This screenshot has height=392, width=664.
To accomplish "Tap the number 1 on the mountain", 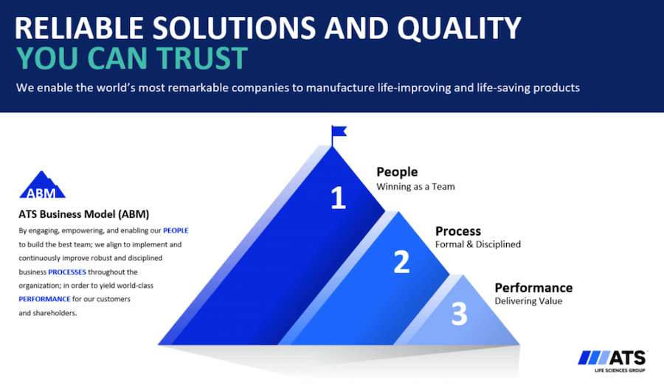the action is (338, 198).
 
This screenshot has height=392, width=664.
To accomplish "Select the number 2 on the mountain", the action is (401, 261).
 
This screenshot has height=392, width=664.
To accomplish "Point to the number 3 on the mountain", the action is (459, 314).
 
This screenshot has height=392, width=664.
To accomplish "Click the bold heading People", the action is (397, 171).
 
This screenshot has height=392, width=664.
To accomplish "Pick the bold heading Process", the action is (457, 231).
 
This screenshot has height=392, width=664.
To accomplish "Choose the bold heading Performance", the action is (533, 288).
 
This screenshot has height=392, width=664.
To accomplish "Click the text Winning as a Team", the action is (415, 187).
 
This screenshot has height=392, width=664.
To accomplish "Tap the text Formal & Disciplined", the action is (478, 244).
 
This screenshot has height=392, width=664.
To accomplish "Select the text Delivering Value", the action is (528, 301).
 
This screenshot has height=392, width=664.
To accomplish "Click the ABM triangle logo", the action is (42, 185).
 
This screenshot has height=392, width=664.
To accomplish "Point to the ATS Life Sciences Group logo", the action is (612, 361).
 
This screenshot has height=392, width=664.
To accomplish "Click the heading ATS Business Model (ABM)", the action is (84, 214).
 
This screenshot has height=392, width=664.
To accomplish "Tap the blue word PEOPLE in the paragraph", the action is (176, 230).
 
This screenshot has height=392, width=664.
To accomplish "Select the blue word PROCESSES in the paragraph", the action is (67, 272).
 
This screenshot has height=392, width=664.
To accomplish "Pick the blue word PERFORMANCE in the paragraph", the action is (44, 299).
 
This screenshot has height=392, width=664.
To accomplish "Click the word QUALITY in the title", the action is (459, 28).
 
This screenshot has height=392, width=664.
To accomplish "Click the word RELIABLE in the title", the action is (79, 28).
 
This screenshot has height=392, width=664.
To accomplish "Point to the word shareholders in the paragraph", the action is (55, 313).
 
